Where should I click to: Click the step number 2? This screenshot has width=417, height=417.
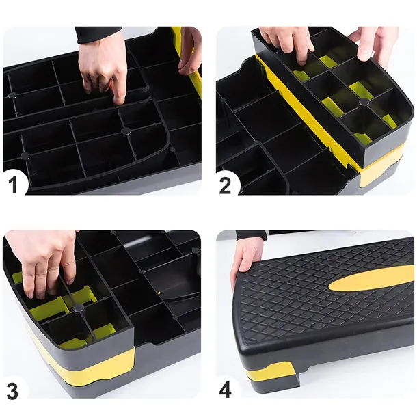226,185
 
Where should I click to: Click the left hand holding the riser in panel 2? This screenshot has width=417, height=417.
286,42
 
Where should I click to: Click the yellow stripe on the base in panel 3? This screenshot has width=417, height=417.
89,362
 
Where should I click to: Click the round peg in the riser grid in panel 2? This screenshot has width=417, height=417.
364,101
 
